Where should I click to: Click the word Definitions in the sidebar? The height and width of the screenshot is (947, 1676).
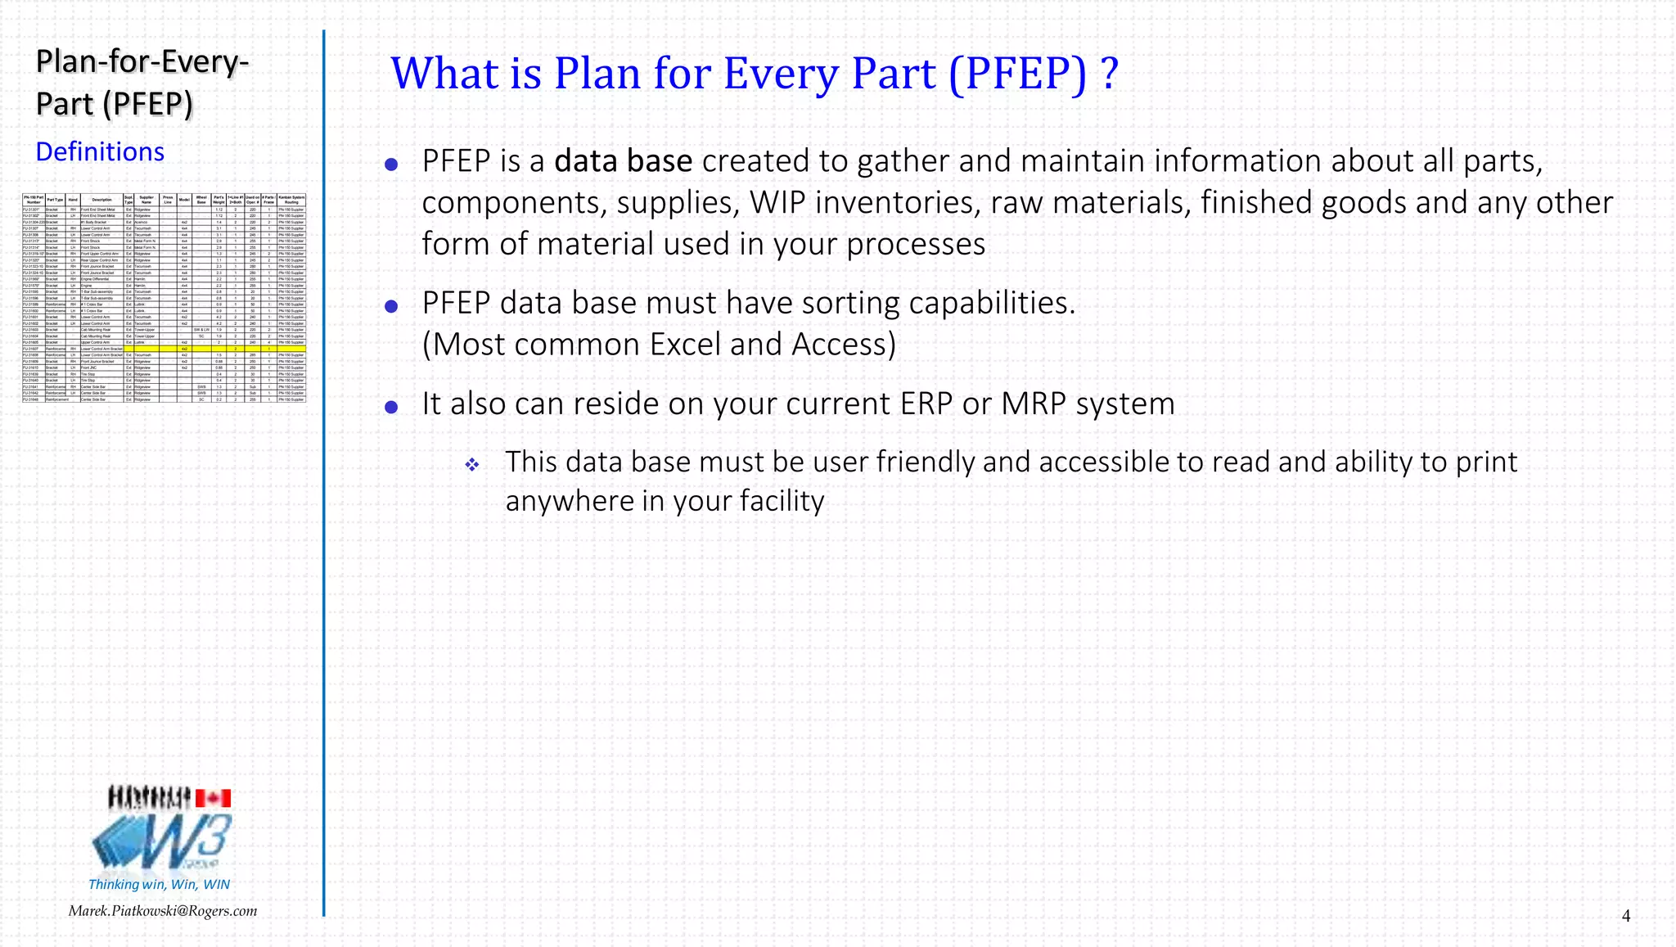pos(100,152)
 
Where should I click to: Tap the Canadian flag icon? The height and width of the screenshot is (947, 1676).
pos(213,798)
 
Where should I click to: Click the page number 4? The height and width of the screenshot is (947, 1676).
pos(1625,916)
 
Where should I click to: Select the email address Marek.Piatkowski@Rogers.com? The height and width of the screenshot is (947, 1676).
pos(163,911)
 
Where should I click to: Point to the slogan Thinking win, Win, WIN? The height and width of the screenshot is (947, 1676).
pos(159,884)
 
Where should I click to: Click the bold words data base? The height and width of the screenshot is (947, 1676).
pos(623,161)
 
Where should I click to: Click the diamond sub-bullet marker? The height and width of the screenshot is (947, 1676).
pos(472,465)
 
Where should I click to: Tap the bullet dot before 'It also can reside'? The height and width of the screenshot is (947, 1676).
pos(391,407)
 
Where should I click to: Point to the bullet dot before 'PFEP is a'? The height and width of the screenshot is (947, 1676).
pos(391,165)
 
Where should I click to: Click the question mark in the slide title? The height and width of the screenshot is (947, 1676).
pos(1109,74)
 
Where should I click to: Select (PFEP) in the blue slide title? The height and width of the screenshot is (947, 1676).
pos(1018,74)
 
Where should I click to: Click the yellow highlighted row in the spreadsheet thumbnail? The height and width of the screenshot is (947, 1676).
pos(164,349)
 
